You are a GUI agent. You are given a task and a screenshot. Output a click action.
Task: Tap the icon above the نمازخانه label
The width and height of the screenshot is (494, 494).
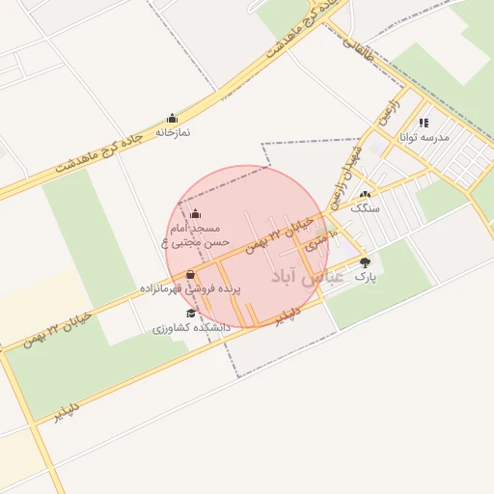(173, 118)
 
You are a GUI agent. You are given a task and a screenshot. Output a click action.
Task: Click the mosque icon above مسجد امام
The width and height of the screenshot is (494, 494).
(197, 213)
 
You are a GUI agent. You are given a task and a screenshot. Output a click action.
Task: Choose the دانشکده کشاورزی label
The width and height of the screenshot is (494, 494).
(191, 328)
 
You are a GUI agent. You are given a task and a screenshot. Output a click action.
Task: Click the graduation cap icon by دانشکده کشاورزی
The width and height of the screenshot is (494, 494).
(191, 315)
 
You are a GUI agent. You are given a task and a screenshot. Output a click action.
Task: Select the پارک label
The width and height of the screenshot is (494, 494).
(364, 276)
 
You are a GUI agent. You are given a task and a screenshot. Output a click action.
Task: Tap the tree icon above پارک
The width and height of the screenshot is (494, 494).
(365, 262)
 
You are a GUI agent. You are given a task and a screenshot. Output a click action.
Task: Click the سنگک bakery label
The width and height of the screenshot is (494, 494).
(366, 208)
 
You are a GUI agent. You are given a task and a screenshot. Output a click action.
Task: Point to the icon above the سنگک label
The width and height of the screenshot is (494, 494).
(365, 195)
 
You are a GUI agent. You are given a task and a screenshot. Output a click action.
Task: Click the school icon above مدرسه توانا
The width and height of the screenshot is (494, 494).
(424, 123)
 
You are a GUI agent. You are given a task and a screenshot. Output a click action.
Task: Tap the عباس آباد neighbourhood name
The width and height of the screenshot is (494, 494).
(308, 278)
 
